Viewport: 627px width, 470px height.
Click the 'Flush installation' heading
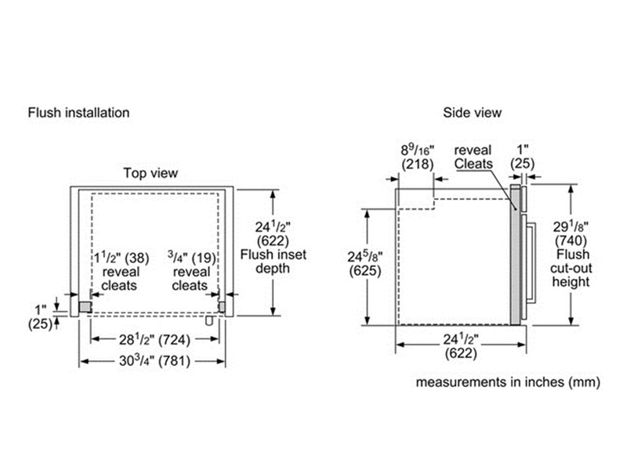78,112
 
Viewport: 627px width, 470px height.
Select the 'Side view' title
472,112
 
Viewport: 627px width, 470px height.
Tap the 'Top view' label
150,172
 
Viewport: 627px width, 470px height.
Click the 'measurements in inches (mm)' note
508,382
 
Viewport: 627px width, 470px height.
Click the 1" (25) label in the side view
523,156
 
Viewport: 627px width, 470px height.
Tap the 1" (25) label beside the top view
39,316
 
